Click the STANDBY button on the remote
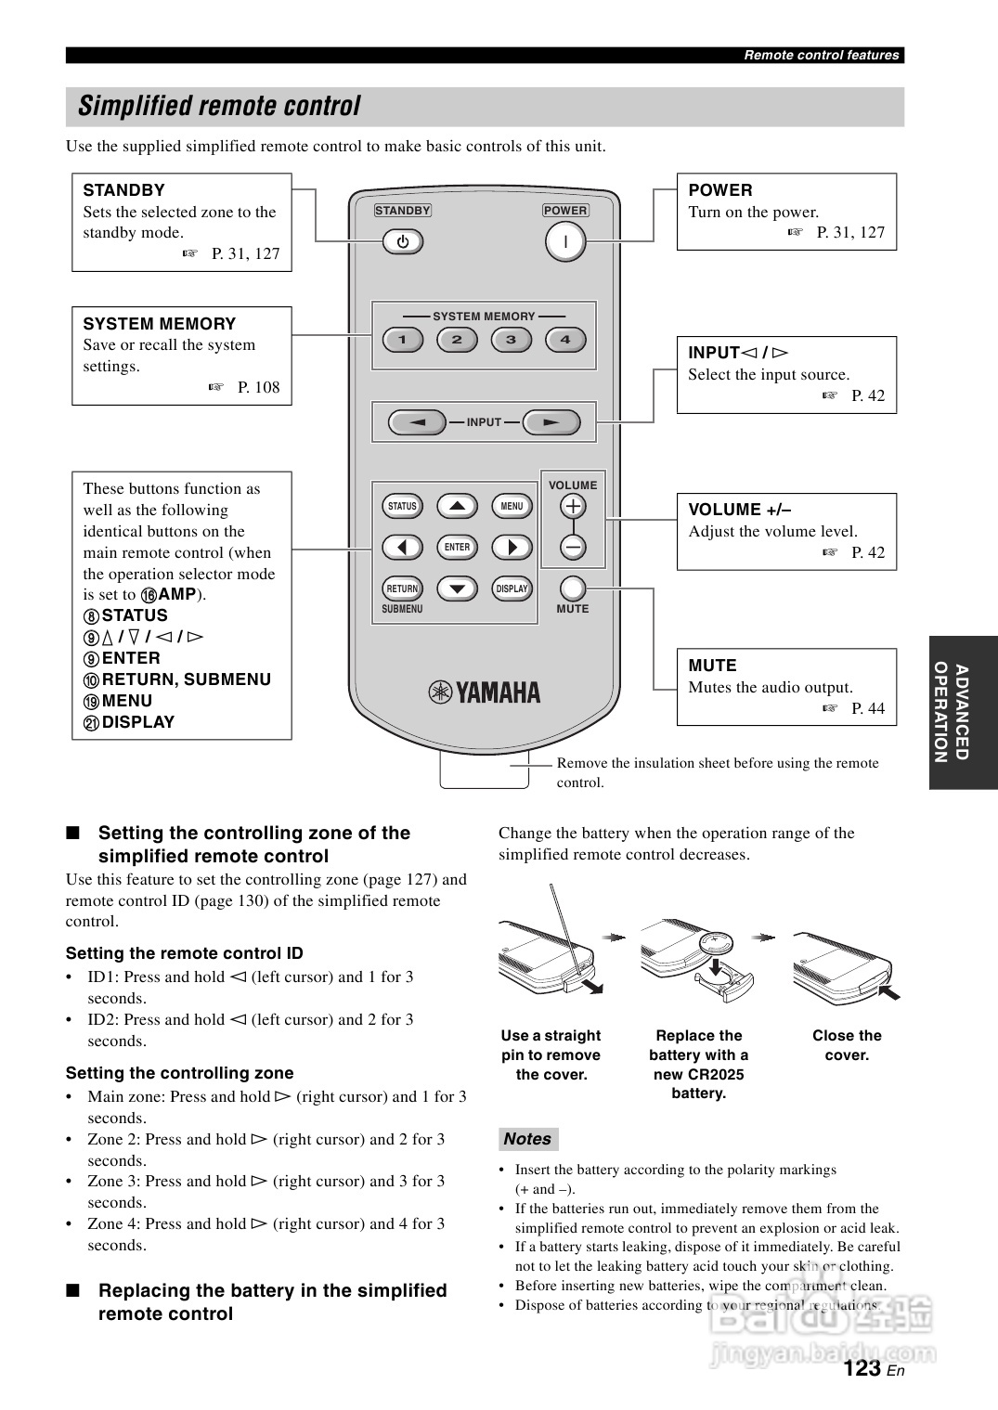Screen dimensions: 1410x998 [x=403, y=242]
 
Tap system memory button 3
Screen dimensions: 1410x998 [x=511, y=340]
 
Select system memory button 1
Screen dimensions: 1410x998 [x=403, y=340]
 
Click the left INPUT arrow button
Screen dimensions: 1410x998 [x=418, y=422]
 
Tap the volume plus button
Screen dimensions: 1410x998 [x=573, y=506]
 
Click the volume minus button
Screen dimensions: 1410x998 [x=573, y=548]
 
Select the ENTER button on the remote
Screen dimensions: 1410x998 [x=457, y=548]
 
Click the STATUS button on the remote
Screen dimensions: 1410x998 [x=402, y=506]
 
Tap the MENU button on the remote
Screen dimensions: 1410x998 [x=512, y=506]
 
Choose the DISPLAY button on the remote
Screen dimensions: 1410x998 [x=512, y=589]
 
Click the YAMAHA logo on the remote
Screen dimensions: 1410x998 [x=484, y=692]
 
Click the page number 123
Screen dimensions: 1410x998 [x=862, y=1368]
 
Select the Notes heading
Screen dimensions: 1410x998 [x=527, y=1139]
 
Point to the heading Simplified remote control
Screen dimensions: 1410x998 [x=219, y=107]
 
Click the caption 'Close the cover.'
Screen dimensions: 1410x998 [x=847, y=1045]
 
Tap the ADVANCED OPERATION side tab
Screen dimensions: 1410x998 [x=962, y=712]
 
